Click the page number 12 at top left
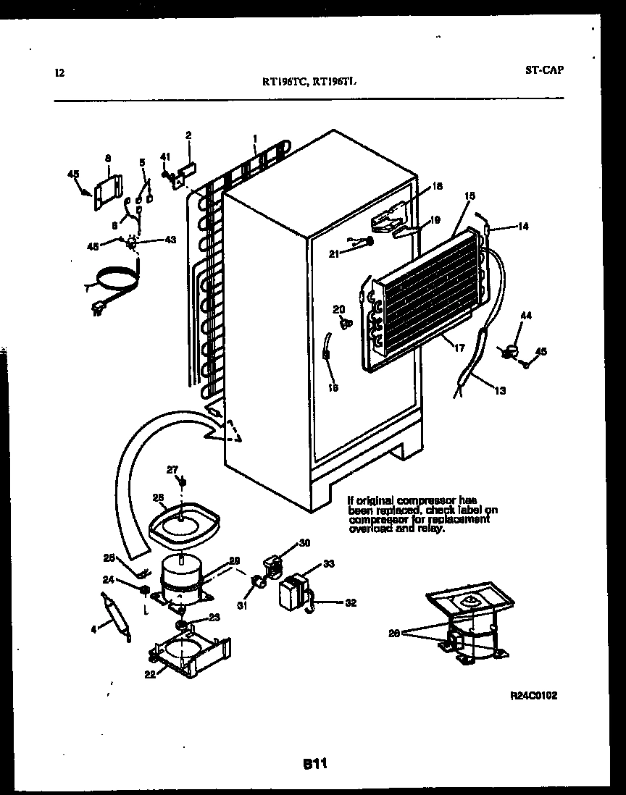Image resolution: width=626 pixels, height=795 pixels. point(59,72)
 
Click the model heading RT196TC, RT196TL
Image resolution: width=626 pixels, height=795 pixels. point(309,82)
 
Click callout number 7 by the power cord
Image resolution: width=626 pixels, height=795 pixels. point(88,289)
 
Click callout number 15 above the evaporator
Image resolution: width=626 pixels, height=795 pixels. point(470,196)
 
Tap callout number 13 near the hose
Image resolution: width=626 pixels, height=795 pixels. point(501,391)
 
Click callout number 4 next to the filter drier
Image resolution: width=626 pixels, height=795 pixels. point(93,629)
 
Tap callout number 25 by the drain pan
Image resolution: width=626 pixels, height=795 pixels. point(159,497)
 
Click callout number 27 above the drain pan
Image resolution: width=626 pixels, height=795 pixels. point(172,471)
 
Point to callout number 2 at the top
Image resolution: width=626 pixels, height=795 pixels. point(188,135)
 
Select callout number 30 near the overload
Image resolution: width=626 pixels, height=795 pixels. point(304,542)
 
